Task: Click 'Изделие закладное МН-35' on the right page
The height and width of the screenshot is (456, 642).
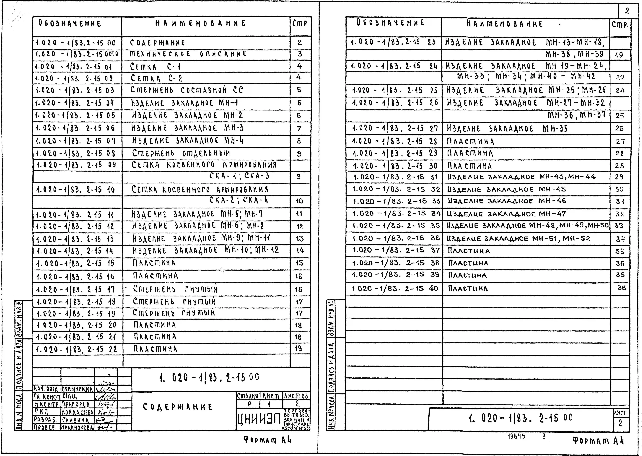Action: click(x=507, y=129)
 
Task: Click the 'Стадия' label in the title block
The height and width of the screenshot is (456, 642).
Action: click(x=248, y=396)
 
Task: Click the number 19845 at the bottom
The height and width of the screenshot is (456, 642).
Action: click(x=516, y=437)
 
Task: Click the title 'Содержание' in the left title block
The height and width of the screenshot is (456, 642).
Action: click(x=178, y=407)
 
